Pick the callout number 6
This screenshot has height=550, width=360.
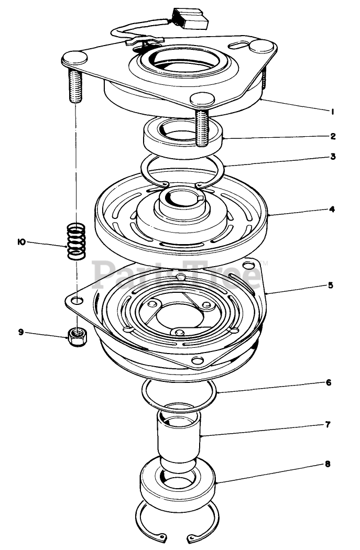[x=329, y=382]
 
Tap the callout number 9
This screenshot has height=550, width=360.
[x=21, y=332]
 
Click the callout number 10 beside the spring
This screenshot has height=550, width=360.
[x=21, y=242]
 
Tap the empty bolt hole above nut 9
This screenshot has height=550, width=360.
[x=77, y=300]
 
